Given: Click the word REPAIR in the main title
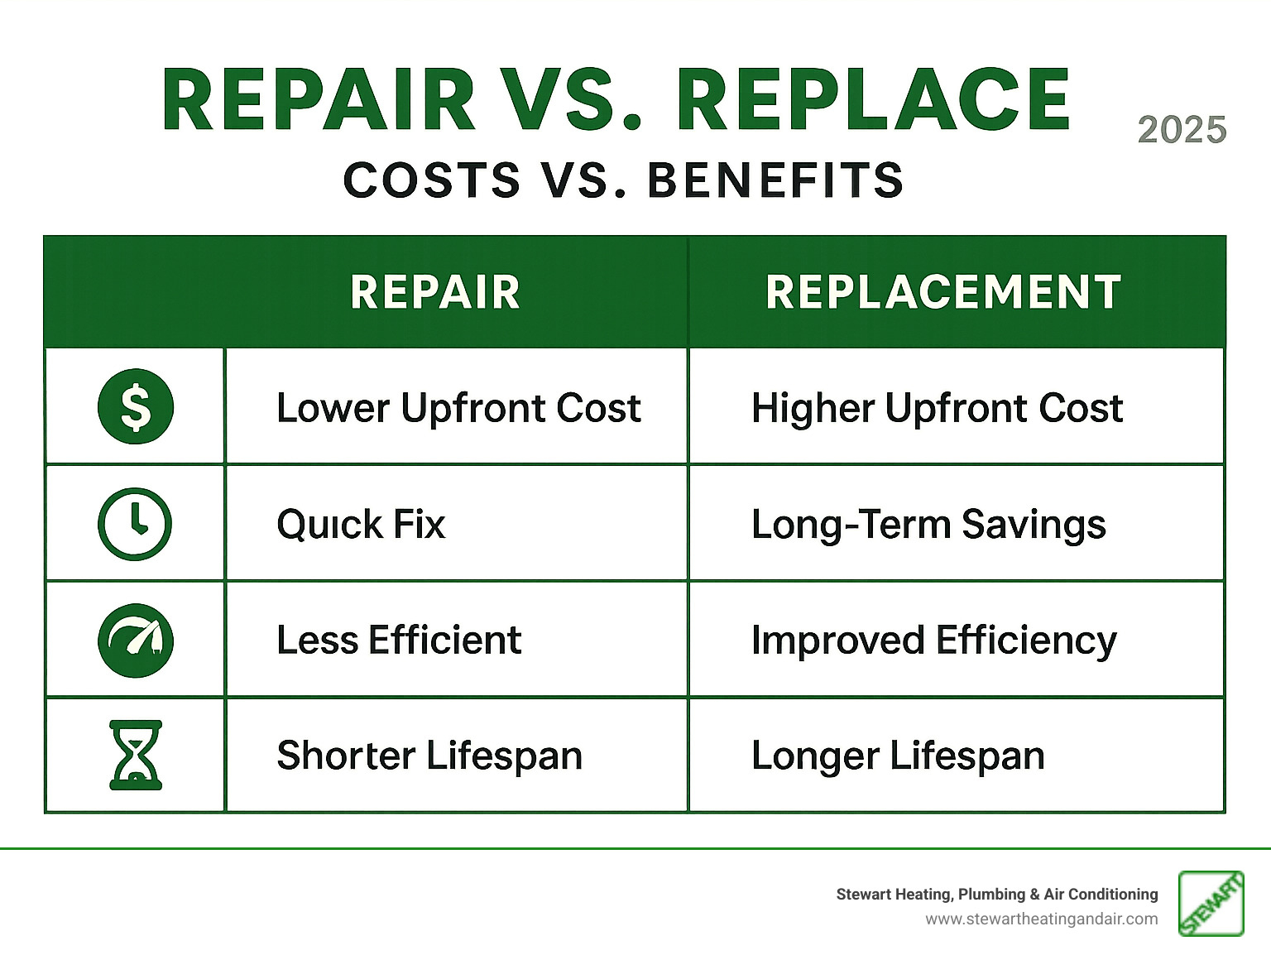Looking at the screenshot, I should click(x=319, y=100).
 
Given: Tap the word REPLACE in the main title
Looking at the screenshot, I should click(x=874, y=100).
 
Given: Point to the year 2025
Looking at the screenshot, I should click(x=1182, y=130).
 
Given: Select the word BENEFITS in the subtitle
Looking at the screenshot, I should click(x=775, y=180).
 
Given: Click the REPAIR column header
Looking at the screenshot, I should click(x=435, y=292).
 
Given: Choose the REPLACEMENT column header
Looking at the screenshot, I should click(x=943, y=292).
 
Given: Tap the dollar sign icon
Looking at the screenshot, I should click(x=136, y=406).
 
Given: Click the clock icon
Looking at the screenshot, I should click(x=135, y=524).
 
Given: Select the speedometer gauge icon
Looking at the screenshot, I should click(x=136, y=640).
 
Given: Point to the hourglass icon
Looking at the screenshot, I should click(x=136, y=755).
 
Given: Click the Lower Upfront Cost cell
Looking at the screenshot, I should click(x=458, y=408).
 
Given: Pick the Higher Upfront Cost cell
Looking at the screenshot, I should click(x=937, y=408).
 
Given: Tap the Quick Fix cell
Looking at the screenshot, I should click(x=361, y=525).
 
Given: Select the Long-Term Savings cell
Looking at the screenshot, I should click(x=928, y=525).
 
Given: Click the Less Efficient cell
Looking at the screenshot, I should click(x=399, y=641).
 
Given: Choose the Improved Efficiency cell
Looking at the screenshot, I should click(x=933, y=641).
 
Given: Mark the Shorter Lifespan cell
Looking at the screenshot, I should click(x=429, y=756).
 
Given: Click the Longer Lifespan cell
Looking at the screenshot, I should click(x=898, y=756).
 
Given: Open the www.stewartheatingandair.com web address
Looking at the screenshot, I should click(x=1041, y=919).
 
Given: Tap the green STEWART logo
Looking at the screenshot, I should click(x=1211, y=904).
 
